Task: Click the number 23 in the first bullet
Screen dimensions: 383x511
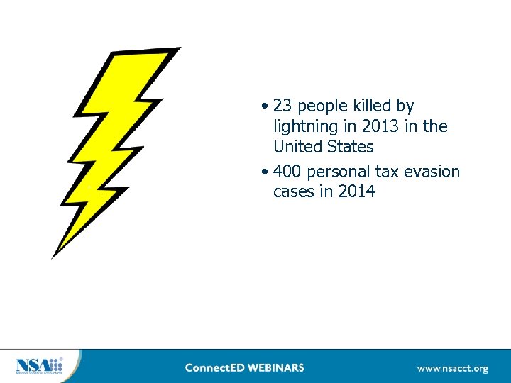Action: click(x=282, y=106)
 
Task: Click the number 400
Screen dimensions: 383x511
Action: click(x=287, y=172)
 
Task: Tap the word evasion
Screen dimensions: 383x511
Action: click(x=432, y=172)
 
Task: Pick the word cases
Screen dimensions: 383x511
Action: click(x=293, y=191)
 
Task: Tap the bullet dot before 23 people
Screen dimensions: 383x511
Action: click(x=263, y=107)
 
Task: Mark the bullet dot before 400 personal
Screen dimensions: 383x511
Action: click(x=263, y=172)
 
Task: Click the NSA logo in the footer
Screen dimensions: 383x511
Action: click(x=39, y=366)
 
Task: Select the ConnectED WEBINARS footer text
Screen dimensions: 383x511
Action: click(x=244, y=367)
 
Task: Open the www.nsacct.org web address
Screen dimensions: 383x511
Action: click(x=452, y=368)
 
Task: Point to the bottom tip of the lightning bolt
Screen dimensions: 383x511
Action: click(x=53, y=256)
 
